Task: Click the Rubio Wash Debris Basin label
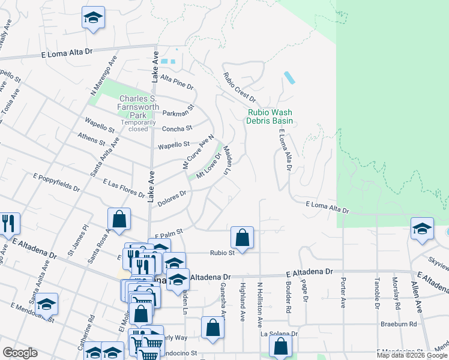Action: pyautogui.click(x=270, y=116)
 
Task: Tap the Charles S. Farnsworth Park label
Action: pyautogui.click(x=139, y=107)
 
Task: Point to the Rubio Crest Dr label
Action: pyautogui.click(x=240, y=87)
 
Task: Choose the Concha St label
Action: pyautogui.click(x=176, y=128)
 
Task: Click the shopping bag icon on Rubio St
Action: pyautogui.click(x=242, y=238)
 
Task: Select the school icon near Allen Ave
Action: pyautogui.click(x=422, y=229)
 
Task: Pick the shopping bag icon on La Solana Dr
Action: pyautogui.click(x=280, y=346)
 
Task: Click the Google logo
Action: pyautogui.click(x=20, y=353)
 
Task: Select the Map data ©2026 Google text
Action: pyautogui.click(x=412, y=355)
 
